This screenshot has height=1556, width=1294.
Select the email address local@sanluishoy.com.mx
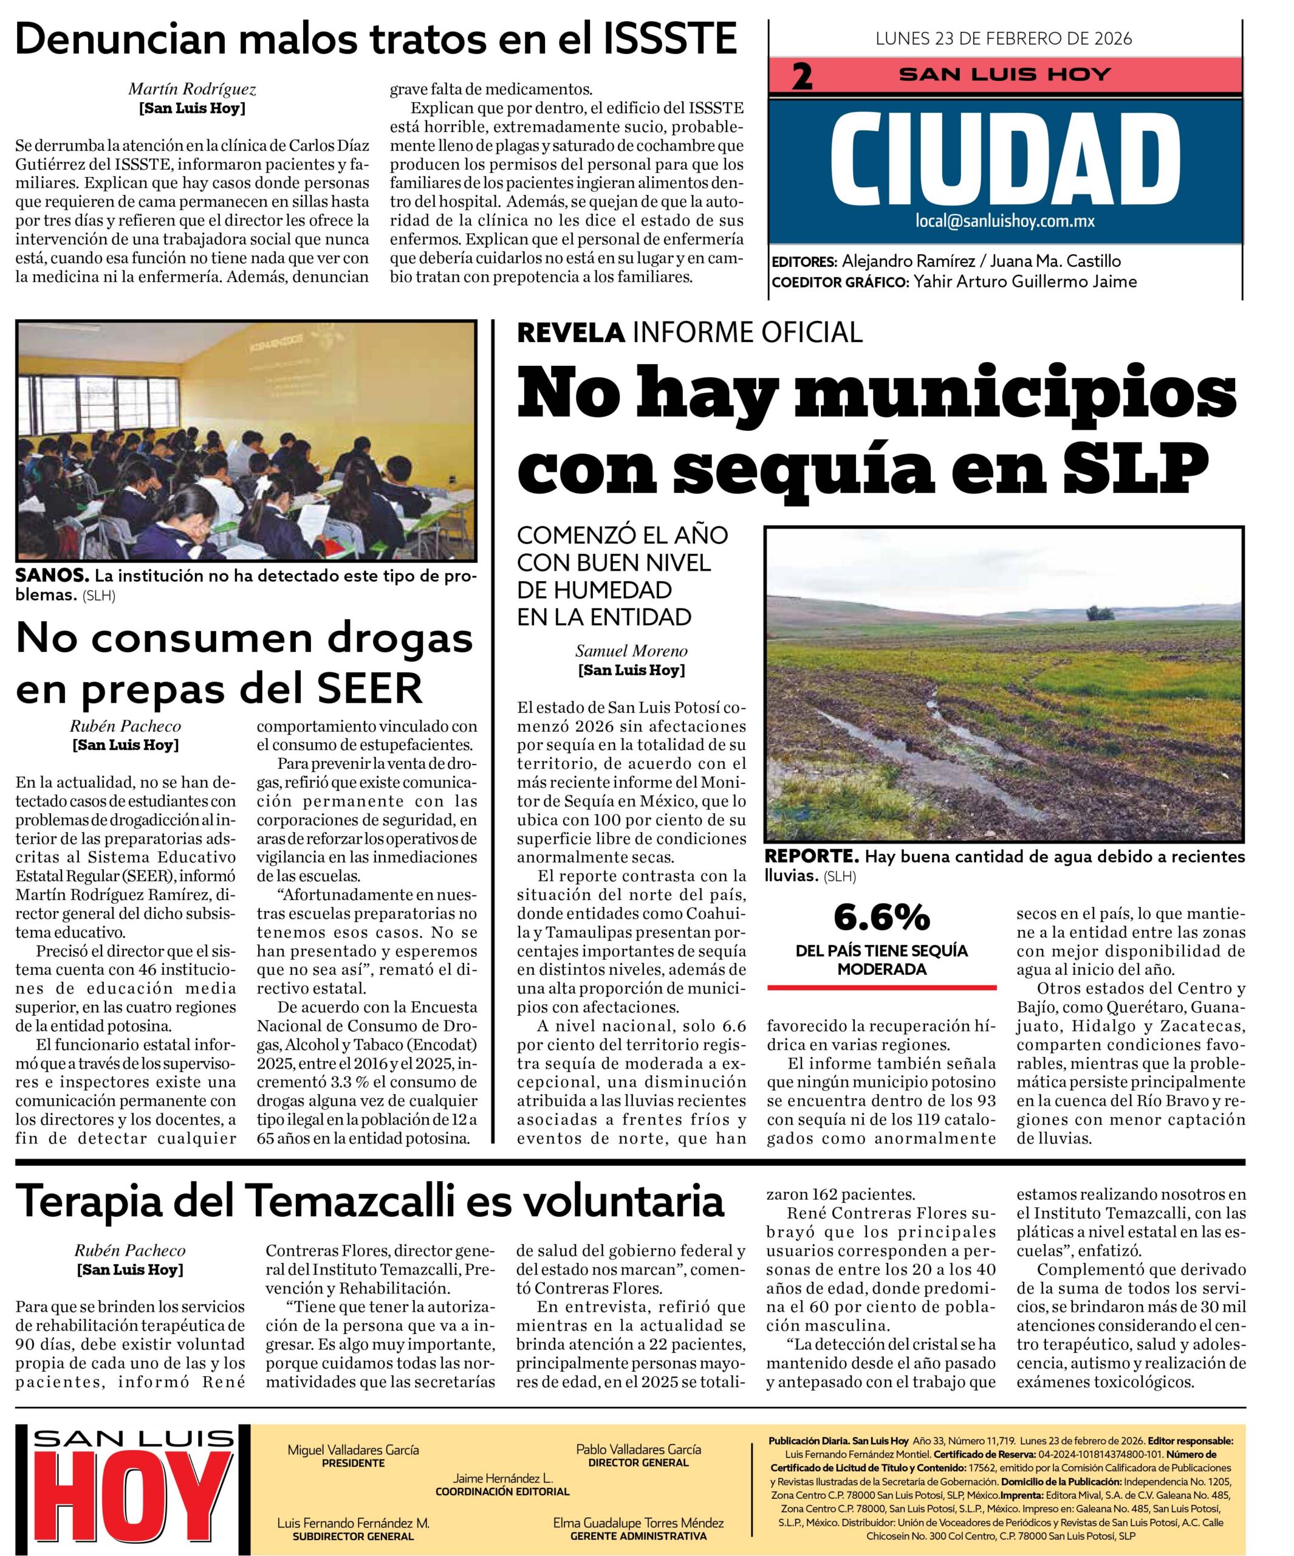coord(1004,221)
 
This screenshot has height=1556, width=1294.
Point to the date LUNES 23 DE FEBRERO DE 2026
coord(1004,38)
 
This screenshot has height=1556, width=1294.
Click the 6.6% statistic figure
coord(881,917)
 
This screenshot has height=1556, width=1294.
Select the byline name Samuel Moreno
coord(631,652)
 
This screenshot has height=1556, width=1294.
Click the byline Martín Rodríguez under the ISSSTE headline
coord(192,90)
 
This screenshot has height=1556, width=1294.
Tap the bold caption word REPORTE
coord(811,856)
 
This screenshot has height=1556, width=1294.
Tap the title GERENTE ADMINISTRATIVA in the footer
coord(638,1536)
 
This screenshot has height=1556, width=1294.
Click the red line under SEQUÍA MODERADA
coord(881,988)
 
